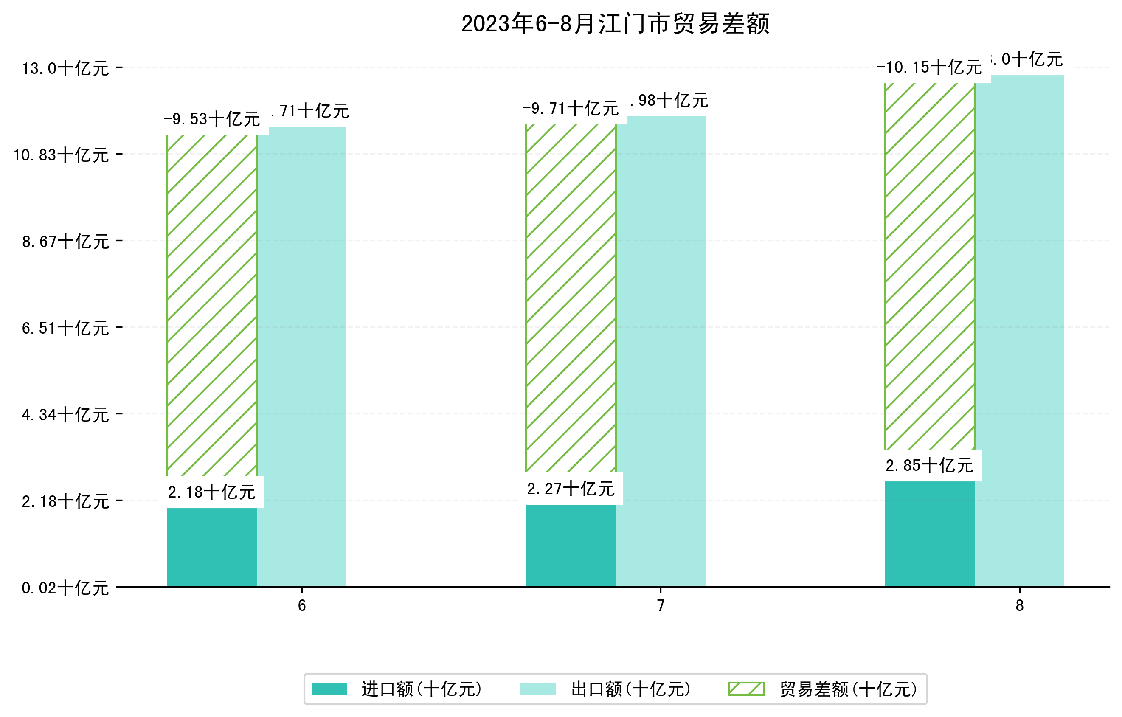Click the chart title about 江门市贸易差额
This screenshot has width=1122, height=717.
coord(615,24)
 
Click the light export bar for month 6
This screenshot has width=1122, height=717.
coord(301,357)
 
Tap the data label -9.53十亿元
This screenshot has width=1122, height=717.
coord(211,119)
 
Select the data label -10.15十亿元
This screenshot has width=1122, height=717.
coord(929,67)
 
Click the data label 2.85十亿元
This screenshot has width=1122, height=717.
coord(929,465)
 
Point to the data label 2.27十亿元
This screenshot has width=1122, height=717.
coord(570,489)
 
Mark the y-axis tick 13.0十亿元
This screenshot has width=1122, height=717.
coord(65,68)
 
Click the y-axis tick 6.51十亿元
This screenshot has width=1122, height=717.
coord(65,328)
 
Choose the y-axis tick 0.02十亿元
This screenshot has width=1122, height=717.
coord(65,588)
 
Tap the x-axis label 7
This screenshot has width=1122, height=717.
coord(660,606)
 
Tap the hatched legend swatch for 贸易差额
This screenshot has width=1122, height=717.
coord(746,689)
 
